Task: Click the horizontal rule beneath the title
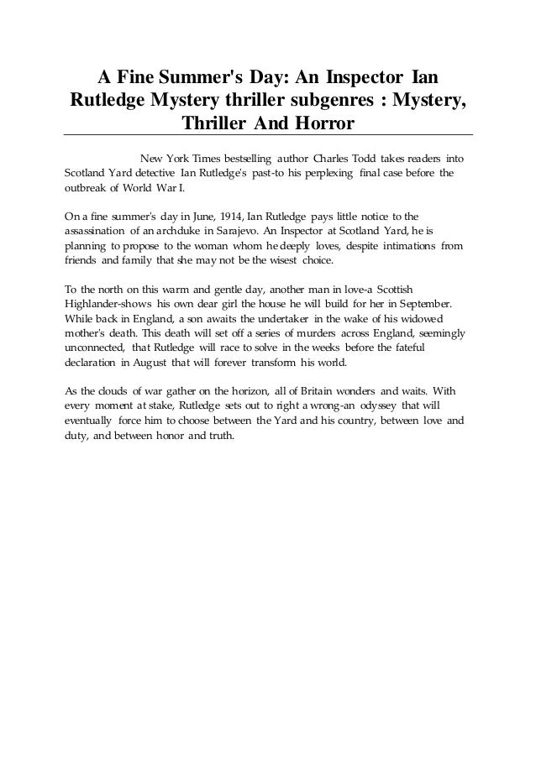(x=268, y=135)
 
